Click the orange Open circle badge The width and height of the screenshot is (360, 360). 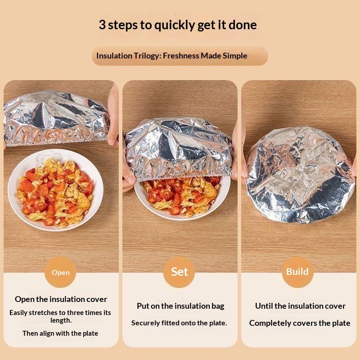60,272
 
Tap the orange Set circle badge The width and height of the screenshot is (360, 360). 179,272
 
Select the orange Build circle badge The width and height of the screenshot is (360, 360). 297,272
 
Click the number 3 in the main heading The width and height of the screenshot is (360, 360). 102,25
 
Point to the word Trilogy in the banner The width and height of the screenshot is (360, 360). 146,56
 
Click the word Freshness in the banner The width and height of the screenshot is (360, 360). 181,56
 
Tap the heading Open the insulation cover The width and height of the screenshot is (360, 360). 61,299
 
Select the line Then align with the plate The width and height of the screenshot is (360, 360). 60,333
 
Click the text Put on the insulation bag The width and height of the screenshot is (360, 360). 180,306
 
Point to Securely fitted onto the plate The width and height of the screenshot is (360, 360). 179,323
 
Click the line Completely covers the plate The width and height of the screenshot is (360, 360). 300,323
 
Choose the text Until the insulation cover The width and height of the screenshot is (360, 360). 300,306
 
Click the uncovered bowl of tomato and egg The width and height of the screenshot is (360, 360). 55,190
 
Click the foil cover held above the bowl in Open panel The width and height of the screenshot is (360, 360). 56,118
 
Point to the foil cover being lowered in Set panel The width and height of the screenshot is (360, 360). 179,148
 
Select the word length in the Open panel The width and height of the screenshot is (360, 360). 61,320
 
